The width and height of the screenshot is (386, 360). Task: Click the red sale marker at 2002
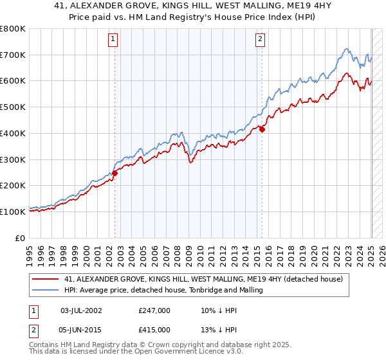pos(115,173)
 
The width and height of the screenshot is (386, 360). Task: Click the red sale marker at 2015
pos(262,129)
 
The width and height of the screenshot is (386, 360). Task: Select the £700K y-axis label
pos(13,55)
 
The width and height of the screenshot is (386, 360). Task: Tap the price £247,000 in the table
pos(154,310)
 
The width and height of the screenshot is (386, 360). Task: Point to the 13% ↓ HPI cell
pos(219,329)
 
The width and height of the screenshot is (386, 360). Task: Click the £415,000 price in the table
pos(154,329)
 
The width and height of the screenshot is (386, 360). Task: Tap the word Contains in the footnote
pos(45,346)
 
